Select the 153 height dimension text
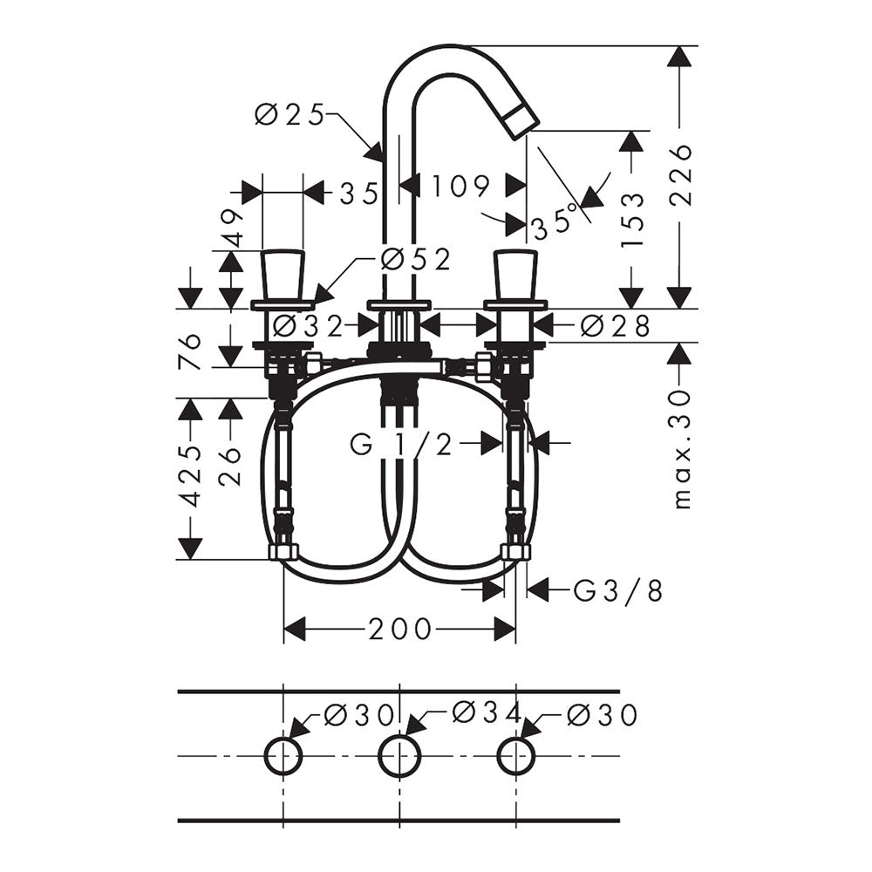[632, 219]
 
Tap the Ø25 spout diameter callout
[290, 116]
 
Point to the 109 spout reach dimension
[461, 187]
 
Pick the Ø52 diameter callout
[416, 260]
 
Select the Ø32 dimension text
[309, 326]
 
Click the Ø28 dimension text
[615, 326]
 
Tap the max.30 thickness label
[681, 449]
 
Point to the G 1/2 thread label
[401, 445]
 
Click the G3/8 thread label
[618, 590]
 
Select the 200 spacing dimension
[400, 629]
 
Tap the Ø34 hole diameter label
[487, 712]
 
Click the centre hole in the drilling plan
[400, 756]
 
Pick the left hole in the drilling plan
[283, 756]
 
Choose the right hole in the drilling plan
[516, 756]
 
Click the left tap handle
[283, 276]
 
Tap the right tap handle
[516, 276]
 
